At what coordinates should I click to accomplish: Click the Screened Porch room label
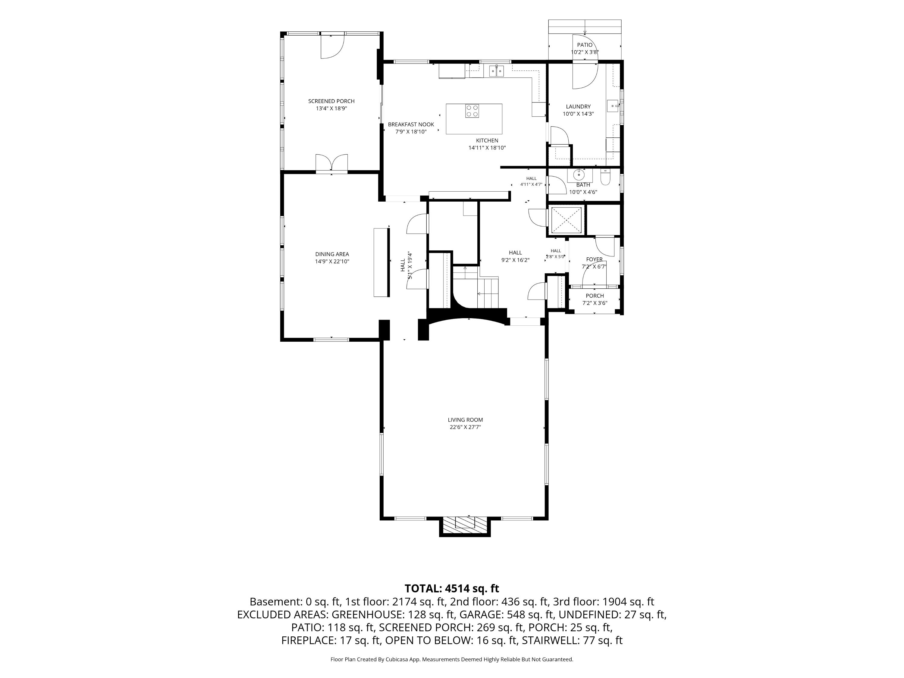331,101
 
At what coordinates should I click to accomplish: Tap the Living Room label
465,420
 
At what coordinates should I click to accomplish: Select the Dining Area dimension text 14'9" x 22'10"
332,262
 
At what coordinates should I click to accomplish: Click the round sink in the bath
579,175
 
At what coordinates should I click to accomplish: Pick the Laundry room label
578,107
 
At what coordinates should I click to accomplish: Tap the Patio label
585,45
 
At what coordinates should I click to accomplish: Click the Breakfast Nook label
411,124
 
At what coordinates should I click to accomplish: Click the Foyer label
594,259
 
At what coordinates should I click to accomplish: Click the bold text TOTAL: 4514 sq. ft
452,589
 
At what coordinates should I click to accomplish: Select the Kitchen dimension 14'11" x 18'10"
487,148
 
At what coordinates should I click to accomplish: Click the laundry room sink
613,105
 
